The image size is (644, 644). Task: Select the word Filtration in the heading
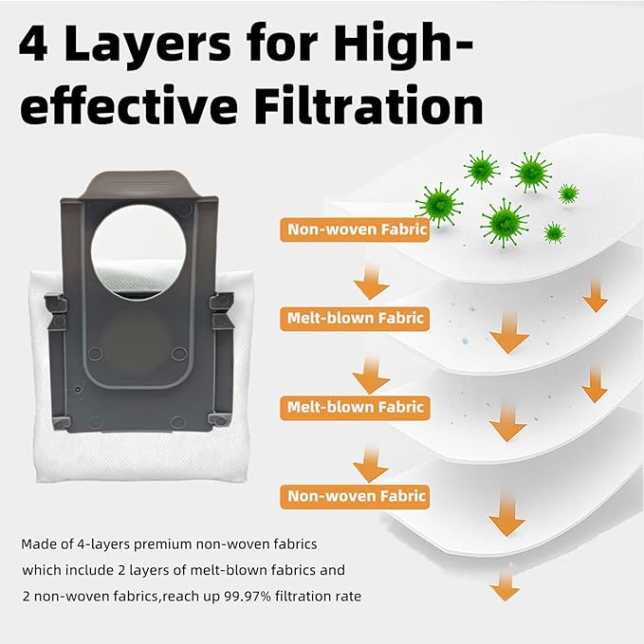click(368, 105)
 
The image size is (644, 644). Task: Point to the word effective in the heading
click(129, 105)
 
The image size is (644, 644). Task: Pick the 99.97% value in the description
click(248, 596)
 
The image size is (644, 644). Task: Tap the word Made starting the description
click(36, 544)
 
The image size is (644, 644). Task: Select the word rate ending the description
click(348, 597)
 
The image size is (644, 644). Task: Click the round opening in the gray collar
click(138, 251)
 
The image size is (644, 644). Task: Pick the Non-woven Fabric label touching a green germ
click(355, 230)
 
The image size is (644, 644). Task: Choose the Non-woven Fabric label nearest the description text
click(355, 496)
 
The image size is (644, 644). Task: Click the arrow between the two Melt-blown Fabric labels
click(371, 375)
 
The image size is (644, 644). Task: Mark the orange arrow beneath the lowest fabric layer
click(505, 586)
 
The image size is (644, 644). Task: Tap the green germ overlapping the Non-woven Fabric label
click(439, 205)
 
